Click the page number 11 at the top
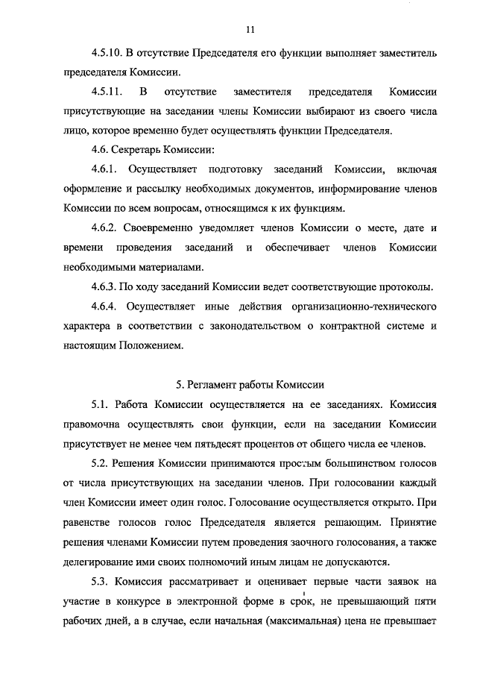tap(249, 29)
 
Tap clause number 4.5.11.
tap(107, 92)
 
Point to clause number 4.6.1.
tap(105, 169)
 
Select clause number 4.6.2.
tap(105, 227)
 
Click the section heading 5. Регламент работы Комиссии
tap(249, 385)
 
